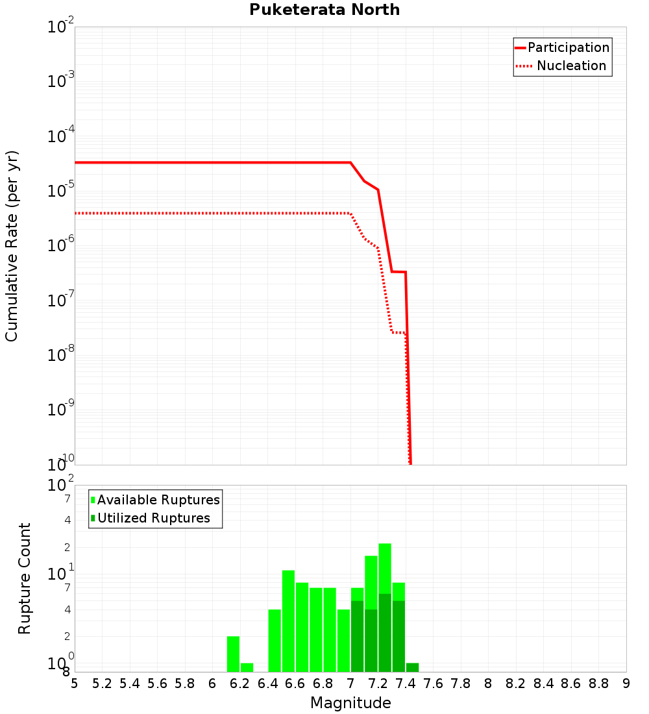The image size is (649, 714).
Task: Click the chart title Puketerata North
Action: tap(324, 10)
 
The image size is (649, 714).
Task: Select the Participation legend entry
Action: tap(568, 47)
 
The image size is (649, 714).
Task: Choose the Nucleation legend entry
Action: tap(571, 66)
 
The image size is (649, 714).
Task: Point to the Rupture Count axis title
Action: tap(25, 578)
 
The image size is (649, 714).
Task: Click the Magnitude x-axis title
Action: tap(350, 703)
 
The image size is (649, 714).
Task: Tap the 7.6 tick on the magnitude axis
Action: tap(434, 683)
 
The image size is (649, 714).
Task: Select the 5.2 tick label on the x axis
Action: tap(102, 683)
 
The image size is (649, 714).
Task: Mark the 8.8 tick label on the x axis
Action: tap(599, 683)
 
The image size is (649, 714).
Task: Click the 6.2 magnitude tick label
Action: tap(240, 683)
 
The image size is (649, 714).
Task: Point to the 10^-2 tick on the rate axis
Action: tap(61, 27)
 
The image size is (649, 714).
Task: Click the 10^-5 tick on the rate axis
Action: tap(61, 191)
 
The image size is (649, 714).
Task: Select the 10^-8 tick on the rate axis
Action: tap(61, 355)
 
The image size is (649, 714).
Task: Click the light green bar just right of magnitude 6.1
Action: tap(233, 654)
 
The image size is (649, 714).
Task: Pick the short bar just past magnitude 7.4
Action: tap(412, 667)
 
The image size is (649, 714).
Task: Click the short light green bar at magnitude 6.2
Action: tap(247, 667)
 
